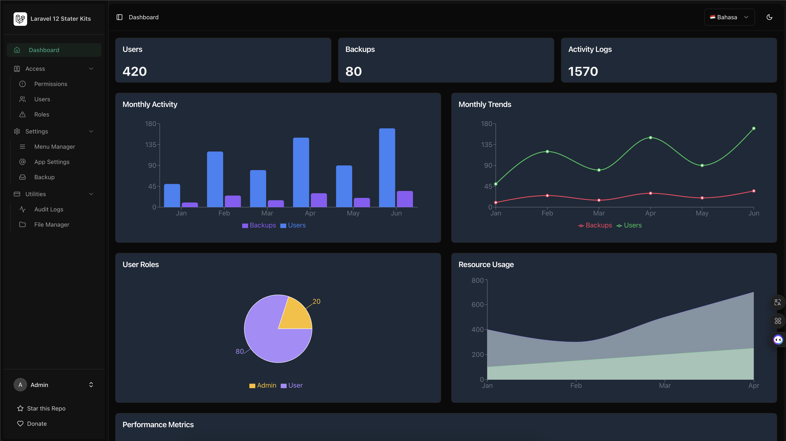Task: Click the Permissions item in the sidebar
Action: click(51, 84)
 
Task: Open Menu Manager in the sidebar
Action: click(55, 147)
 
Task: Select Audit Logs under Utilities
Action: click(49, 209)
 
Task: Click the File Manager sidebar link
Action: click(51, 225)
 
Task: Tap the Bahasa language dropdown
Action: click(729, 17)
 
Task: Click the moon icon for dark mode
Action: click(769, 17)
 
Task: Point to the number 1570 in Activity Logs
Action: click(583, 71)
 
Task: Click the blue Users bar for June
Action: click(387, 168)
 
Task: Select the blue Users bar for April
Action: click(301, 172)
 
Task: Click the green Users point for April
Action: click(651, 137)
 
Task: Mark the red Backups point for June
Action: click(754, 191)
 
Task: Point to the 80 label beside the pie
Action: click(240, 351)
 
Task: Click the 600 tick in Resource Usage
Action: click(477, 304)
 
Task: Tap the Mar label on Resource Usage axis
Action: click(665, 386)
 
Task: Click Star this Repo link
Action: click(46, 408)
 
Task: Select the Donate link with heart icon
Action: click(37, 424)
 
